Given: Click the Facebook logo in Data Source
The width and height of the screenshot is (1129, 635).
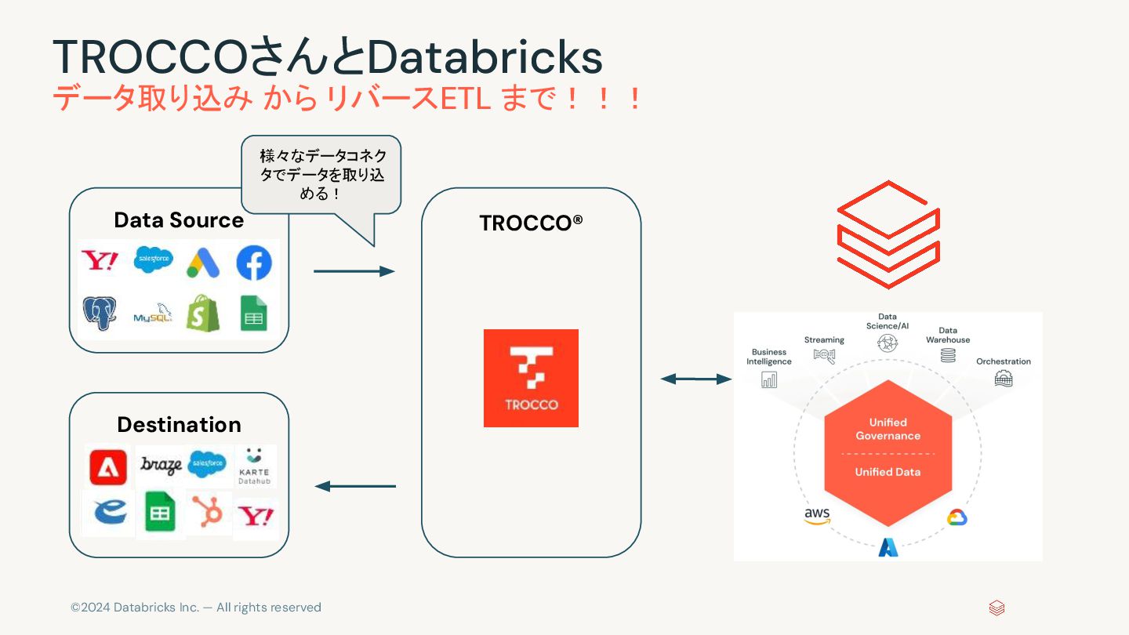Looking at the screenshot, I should click(x=254, y=263).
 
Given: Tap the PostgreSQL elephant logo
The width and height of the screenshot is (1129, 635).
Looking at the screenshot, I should click(x=100, y=313).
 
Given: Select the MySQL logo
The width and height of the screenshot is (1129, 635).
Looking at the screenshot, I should click(x=152, y=314).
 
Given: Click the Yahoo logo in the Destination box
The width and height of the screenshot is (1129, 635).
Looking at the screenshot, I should click(x=256, y=516).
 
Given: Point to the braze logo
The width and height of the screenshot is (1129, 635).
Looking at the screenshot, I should click(x=161, y=465).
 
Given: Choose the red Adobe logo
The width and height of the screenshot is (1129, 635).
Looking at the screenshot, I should click(x=108, y=467).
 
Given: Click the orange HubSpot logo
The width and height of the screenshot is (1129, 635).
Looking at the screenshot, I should click(x=209, y=513).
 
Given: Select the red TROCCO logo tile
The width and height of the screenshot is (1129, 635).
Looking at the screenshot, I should click(x=531, y=378).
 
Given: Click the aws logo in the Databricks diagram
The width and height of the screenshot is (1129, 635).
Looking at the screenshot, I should click(x=816, y=517).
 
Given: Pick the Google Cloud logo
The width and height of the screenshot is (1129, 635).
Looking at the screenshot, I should click(x=957, y=517).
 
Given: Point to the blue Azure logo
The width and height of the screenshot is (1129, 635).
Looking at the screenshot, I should click(x=888, y=546).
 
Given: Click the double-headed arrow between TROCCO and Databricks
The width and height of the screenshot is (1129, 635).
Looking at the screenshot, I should click(x=695, y=379).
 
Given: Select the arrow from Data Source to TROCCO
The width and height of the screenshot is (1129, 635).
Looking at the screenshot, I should click(x=354, y=271).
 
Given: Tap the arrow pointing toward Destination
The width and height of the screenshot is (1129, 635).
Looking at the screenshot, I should click(x=355, y=486).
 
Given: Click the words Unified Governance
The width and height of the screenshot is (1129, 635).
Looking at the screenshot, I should click(x=888, y=429).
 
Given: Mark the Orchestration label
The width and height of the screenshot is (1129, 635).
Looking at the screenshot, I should click(x=1003, y=361).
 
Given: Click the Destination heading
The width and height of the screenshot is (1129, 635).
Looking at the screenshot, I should click(x=179, y=424).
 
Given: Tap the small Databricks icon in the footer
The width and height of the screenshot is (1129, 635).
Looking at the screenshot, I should click(x=996, y=608).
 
